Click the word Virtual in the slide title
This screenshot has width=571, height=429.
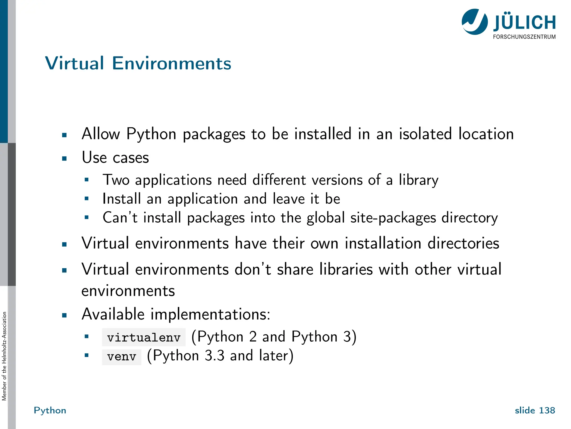(74, 63)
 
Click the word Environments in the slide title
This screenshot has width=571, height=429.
(171, 63)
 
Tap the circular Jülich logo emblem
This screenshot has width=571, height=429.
(475, 22)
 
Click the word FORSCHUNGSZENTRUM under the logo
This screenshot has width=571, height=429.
(524, 37)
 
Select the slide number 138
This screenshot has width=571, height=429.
(547, 410)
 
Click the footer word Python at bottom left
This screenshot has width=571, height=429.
(50, 410)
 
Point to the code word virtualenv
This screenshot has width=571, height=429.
(144, 337)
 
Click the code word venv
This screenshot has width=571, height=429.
(122, 357)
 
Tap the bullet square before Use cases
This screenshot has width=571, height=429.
(64, 159)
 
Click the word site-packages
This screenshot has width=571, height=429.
(393, 218)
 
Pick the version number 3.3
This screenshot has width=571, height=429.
(214, 356)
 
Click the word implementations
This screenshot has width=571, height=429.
(210, 314)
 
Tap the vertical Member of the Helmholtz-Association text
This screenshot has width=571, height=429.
(4, 356)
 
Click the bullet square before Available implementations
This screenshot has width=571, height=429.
(64, 316)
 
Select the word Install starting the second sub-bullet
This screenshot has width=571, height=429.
(122, 199)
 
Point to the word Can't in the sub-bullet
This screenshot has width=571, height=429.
(120, 218)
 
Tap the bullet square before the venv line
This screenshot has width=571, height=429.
(86, 356)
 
